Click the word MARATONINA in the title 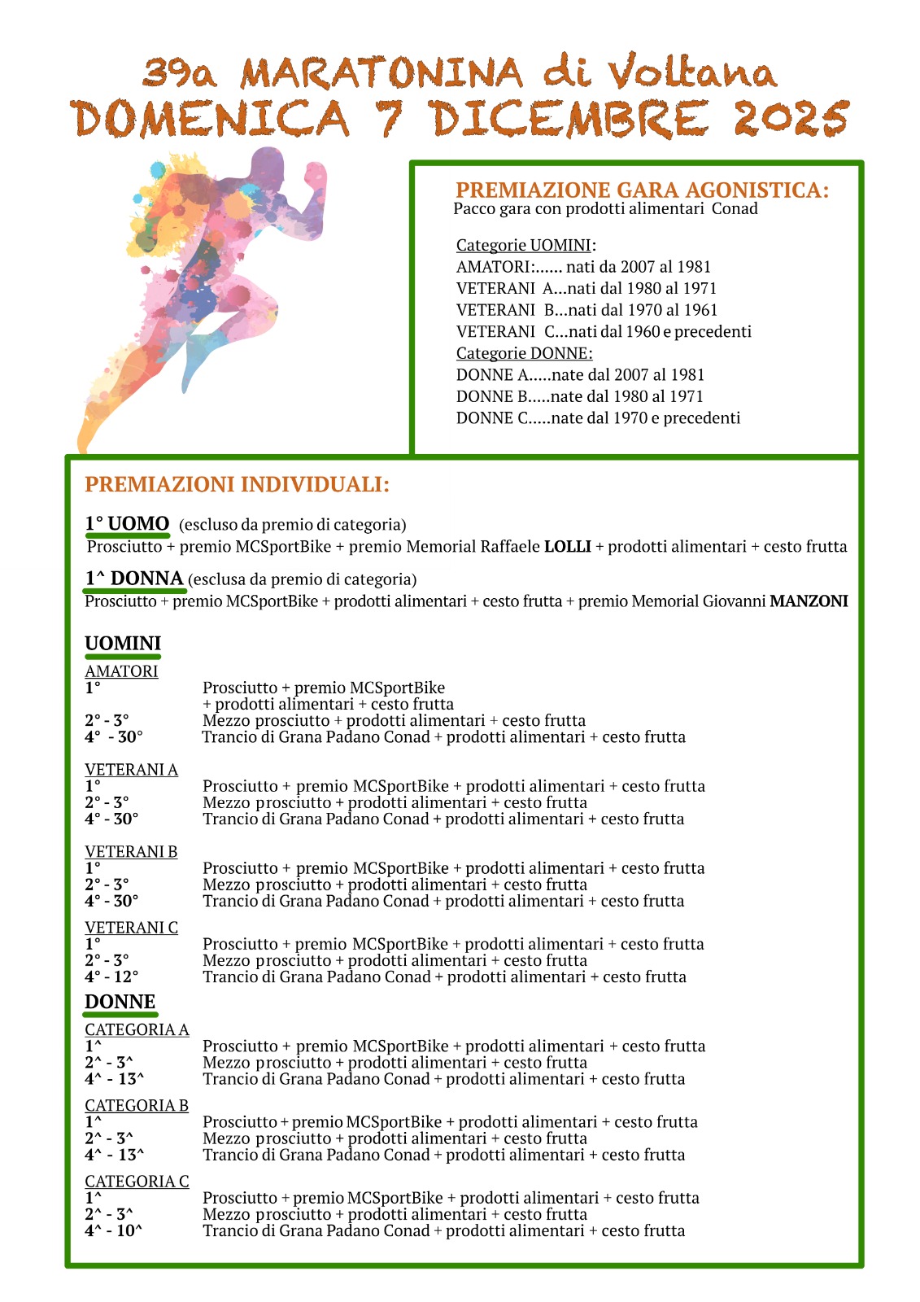[x=382, y=73]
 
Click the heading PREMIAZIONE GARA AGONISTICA [x=642, y=190]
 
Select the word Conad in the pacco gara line [x=735, y=208]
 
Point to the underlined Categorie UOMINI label [x=525, y=245]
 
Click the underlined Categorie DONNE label [x=524, y=353]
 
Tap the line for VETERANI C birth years [x=603, y=331]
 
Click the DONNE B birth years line [x=579, y=396]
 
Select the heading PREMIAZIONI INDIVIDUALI [x=237, y=484]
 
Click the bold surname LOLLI [x=567, y=547]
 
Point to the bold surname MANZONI [x=809, y=601]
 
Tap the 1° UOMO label [x=127, y=523]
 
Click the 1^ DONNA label [x=134, y=579]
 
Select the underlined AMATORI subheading [x=121, y=671]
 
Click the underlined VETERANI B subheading [x=131, y=851]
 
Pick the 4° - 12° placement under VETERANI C [x=111, y=976]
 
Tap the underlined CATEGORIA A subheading [x=137, y=1029]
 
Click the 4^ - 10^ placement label [x=113, y=1230]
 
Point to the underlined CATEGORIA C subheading [x=137, y=1181]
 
